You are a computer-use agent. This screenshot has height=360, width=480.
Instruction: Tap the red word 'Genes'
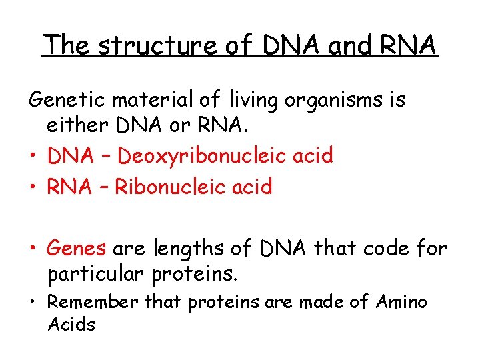tap(77, 249)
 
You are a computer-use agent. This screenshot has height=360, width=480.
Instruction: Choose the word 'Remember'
tap(94, 303)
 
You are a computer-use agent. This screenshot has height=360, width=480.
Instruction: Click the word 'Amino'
tap(401, 303)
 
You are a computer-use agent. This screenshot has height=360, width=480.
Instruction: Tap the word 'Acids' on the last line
tap(71, 325)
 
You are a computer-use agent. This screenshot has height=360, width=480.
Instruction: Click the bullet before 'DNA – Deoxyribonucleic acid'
tap(33, 157)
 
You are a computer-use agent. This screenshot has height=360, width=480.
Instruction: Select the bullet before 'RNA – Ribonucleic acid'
tap(33, 187)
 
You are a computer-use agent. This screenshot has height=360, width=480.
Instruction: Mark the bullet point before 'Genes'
tap(33, 249)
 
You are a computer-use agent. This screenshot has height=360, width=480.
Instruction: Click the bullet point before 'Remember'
tap(33, 303)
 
